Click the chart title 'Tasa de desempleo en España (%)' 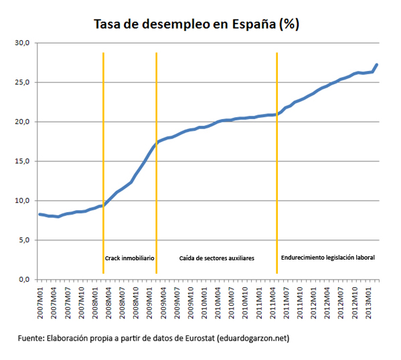195,24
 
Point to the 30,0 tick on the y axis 23,43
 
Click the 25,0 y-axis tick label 23,83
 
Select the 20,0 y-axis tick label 23,122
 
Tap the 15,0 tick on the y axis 23,161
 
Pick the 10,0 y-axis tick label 23,201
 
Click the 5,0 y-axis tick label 24,240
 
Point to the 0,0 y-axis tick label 24,279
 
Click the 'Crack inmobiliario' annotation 130,258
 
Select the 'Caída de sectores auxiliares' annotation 216,258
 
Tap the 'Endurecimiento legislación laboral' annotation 327,257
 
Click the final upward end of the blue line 377,65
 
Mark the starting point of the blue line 39,214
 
